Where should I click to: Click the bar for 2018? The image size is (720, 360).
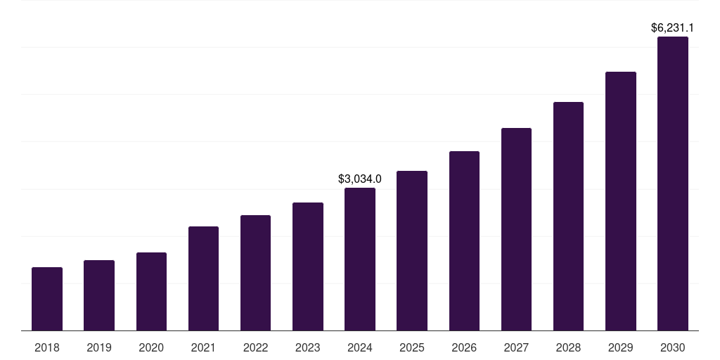47,299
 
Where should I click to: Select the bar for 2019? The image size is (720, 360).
99,295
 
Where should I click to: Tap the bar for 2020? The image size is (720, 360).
151,291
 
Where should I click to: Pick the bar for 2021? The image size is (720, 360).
203,278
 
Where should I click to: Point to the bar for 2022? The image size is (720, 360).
255,273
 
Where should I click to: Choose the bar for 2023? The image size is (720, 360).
308,266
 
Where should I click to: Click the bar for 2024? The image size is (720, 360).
360,259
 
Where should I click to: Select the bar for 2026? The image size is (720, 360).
464,240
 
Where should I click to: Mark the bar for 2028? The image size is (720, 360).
568,216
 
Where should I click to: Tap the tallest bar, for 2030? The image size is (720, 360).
673,184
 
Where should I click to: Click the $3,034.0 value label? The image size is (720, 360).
360,179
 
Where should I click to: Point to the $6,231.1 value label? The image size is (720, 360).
673,28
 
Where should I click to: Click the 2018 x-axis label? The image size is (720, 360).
47,347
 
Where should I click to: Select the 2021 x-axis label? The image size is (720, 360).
203,347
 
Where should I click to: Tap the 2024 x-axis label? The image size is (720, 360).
360,347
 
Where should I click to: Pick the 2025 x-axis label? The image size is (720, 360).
412,347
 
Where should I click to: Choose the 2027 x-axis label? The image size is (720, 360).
516,347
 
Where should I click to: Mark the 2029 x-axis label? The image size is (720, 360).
621,347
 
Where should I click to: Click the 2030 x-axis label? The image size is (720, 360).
673,347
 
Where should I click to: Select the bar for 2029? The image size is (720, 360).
621,201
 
